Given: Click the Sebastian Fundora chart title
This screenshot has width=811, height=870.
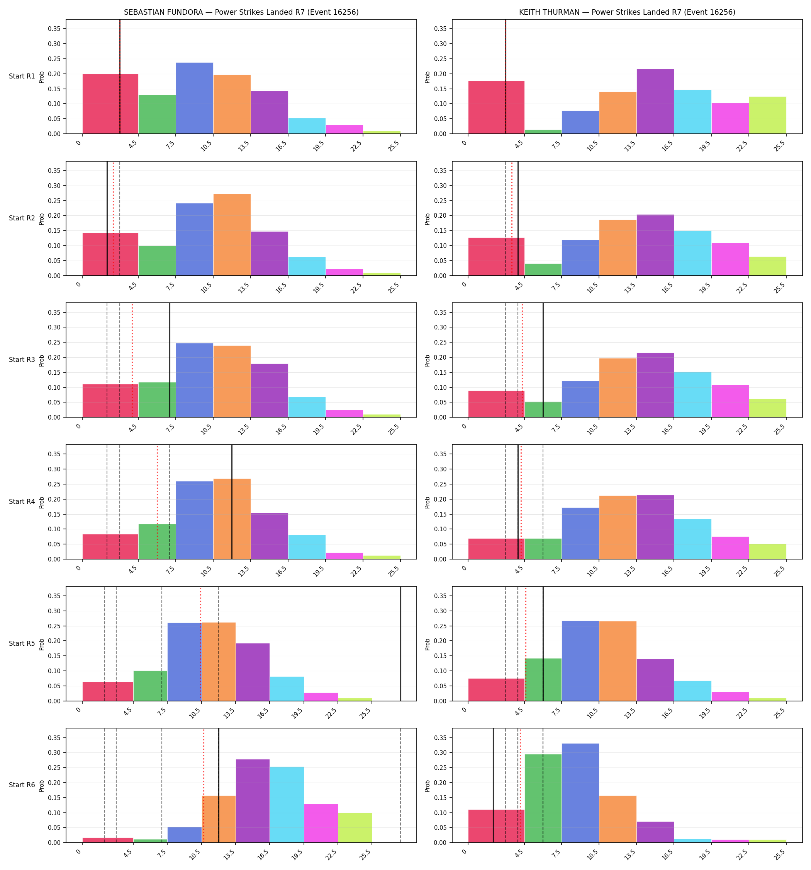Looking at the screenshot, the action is point(241,12).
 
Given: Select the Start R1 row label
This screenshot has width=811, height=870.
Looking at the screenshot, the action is point(22,76).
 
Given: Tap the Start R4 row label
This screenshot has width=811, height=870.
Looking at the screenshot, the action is point(22,502).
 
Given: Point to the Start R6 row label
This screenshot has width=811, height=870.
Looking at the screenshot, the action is point(22,785).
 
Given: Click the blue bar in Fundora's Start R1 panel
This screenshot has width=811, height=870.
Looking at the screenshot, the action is point(195,98).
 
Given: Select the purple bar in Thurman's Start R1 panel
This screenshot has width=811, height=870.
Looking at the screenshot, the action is point(655,102).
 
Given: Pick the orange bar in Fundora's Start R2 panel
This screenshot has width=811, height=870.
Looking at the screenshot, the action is point(232,235).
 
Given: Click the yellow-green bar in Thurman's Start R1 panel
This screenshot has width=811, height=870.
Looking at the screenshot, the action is point(767,115).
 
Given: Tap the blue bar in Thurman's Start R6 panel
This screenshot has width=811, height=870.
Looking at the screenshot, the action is point(580,793).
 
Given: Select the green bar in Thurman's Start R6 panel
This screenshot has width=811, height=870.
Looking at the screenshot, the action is point(543,798).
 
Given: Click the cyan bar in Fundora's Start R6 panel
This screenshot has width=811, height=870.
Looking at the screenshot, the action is point(287,804).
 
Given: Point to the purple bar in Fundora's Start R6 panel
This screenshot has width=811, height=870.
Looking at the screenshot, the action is point(253,801).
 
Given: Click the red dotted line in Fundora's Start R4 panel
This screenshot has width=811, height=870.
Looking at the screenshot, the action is point(158,502).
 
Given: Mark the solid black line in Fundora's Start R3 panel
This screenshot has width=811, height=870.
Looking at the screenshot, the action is point(170,360).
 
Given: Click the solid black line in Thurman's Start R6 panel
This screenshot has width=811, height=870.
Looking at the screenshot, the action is point(493,785).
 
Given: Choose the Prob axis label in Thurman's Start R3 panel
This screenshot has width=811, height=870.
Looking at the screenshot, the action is point(428,360).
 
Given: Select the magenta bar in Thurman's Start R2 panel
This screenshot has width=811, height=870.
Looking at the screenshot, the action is point(730,259).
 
